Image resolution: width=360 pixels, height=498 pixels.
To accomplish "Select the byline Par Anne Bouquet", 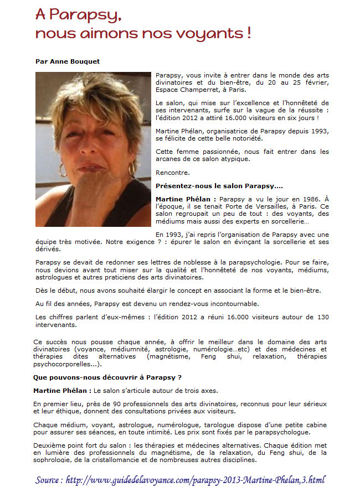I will (67, 61).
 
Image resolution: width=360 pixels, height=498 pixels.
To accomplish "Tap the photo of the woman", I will (93, 149).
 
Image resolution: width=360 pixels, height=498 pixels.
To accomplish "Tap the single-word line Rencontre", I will (172, 173).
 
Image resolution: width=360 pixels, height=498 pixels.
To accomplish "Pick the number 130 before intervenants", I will (322, 317).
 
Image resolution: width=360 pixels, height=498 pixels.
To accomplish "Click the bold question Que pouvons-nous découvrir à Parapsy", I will (107, 377).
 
